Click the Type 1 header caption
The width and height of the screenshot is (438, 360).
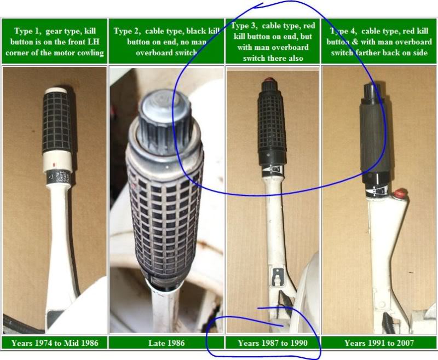(54, 42)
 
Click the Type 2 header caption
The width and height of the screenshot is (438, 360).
(166, 42)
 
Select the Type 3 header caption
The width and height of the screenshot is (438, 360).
(273, 42)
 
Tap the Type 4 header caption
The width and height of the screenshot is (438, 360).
(379, 42)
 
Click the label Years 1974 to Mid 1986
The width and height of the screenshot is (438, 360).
(55, 342)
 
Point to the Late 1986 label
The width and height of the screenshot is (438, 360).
(166, 342)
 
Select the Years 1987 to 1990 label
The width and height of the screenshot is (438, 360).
(273, 342)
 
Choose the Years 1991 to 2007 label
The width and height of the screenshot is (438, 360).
(379, 342)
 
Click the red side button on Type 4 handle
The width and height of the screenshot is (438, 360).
(400, 193)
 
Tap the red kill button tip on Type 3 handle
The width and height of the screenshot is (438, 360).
(269, 80)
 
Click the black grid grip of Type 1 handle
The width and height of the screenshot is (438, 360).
(57, 122)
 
